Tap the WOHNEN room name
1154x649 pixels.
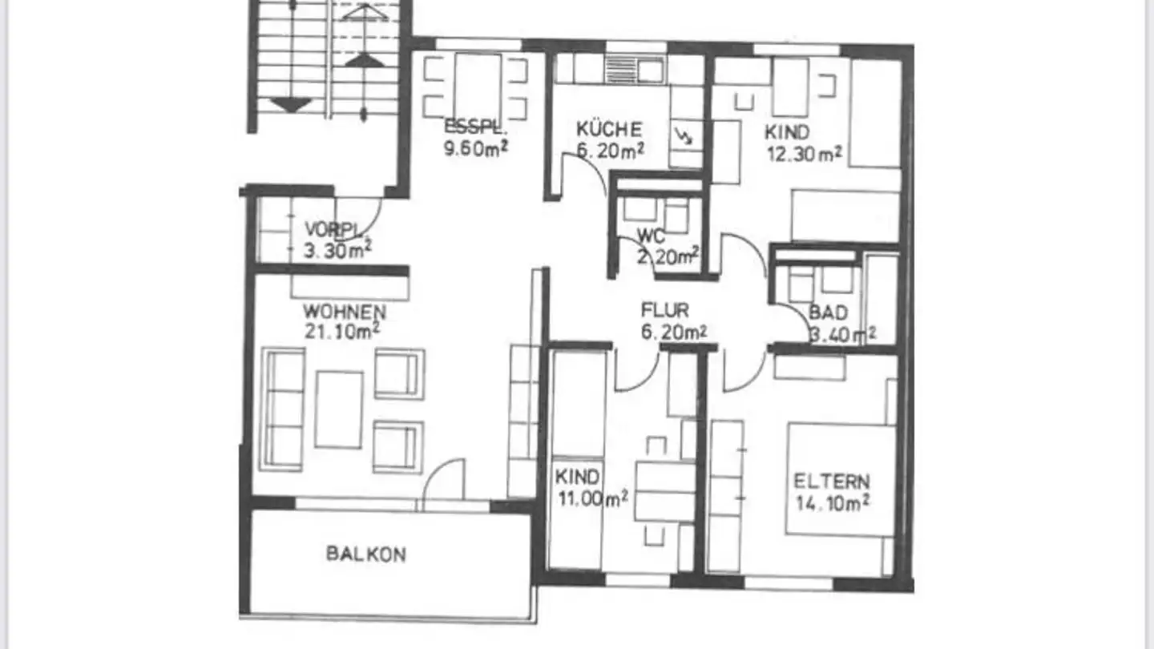pyautogui.click(x=345, y=311)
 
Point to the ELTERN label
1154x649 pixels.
pyautogui.click(x=832, y=482)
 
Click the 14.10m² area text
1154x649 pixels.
pyautogui.click(x=833, y=502)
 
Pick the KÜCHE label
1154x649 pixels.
pyautogui.click(x=609, y=129)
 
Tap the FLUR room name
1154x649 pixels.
pyautogui.click(x=664, y=310)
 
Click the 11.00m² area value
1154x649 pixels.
pyautogui.click(x=591, y=498)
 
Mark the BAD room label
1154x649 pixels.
pyautogui.click(x=828, y=312)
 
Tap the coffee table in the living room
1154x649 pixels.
pyautogui.click(x=338, y=409)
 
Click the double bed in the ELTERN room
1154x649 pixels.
pyautogui.click(x=840, y=479)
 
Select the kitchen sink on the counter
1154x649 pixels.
pyautogui.click(x=633, y=68)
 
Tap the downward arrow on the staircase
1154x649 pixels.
pyautogui.click(x=291, y=104)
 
